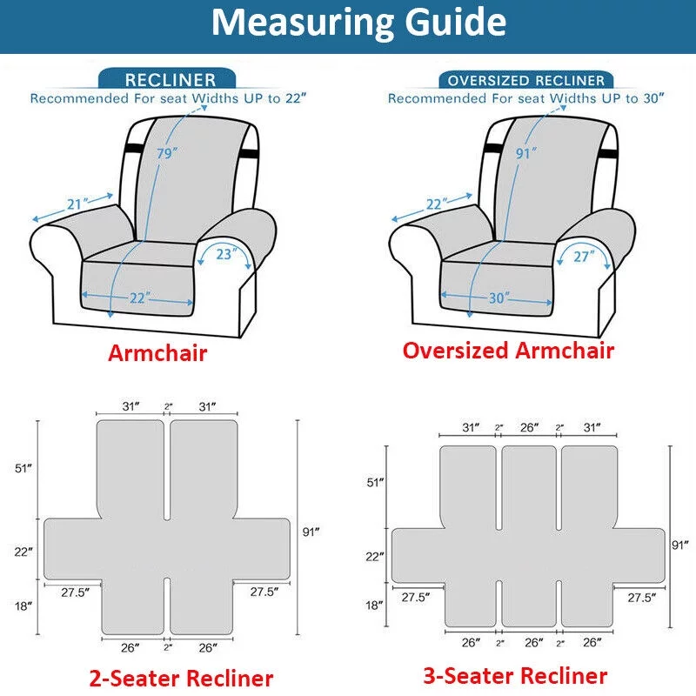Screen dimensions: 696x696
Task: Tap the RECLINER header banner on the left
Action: (170, 80)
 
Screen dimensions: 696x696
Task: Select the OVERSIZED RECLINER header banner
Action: (525, 80)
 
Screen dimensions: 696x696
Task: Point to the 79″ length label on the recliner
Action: (166, 154)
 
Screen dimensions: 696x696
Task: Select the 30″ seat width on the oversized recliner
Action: (498, 298)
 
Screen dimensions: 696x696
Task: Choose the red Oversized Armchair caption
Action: (508, 351)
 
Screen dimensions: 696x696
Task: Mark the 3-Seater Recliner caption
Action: (515, 675)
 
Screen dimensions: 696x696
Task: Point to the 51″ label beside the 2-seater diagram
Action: (23, 468)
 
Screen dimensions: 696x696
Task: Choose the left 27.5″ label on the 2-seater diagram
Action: (74, 592)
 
